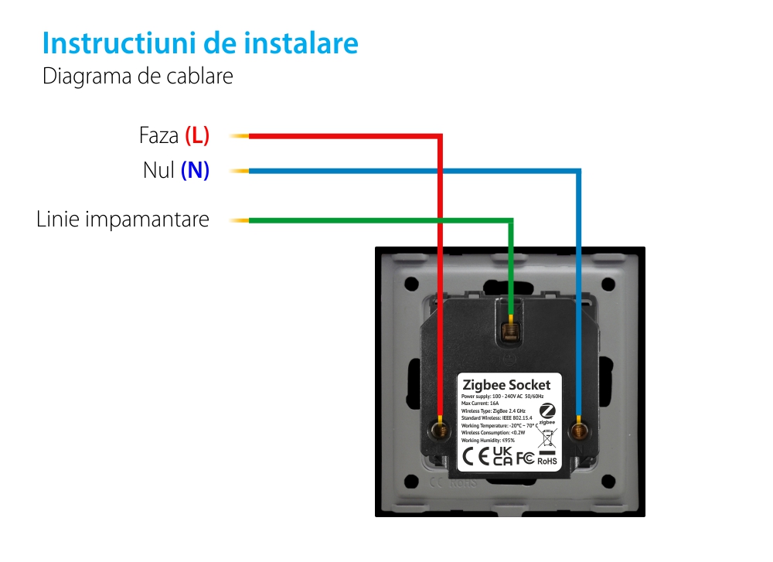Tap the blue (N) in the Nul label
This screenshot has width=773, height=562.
[x=195, y=170]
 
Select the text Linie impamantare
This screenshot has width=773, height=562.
[x=123, y=220]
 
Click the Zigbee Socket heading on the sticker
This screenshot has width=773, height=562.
[x=506, y=385]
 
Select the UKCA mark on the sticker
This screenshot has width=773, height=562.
[x=502, y=456]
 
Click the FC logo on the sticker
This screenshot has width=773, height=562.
[x=525, y=458]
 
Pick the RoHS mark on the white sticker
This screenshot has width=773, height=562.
[x=547, y=459]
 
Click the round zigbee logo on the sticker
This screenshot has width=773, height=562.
[x=547, y=412]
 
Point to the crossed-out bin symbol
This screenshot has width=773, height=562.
[x=547, y=439]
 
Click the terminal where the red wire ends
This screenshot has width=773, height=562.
[x=440, y=427]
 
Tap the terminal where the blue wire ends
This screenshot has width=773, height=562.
[x=578, y=427]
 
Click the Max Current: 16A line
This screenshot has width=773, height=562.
[x=480, y=403]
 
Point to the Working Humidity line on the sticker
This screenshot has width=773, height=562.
[x=488, y=440]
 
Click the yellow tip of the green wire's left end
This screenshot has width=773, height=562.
[x=240, y=221]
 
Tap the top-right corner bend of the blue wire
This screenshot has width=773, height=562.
[x=578, y=171]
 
